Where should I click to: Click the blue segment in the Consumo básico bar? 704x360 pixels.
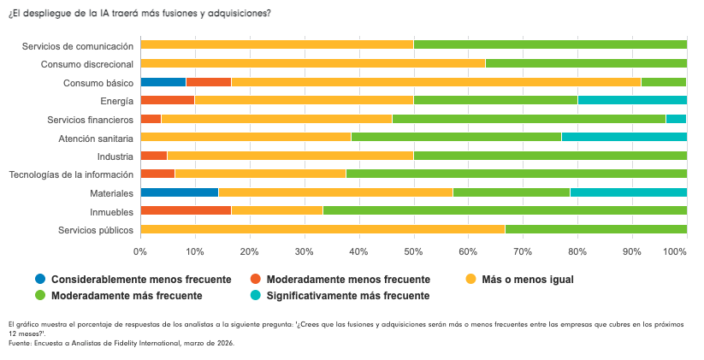point(163,82)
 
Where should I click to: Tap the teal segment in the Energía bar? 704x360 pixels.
point(632,100)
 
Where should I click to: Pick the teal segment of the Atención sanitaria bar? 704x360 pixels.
point(624,137)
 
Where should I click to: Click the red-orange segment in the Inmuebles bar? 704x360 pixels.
point(186,210)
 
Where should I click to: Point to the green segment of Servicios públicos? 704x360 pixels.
point(595,229)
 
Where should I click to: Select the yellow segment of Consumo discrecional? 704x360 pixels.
point(312,63)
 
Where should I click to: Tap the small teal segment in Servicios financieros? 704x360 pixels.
point(676,119)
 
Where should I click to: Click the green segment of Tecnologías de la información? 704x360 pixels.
point(516,174)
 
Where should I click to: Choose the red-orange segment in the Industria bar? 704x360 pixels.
point(154,156)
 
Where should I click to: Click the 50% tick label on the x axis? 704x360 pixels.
point(413,251)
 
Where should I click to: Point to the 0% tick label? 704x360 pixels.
point(140,251)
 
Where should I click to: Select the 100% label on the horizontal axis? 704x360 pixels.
point(675,251)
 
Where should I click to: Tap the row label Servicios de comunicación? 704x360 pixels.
point(78,45)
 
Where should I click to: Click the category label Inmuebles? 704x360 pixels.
point(112,211)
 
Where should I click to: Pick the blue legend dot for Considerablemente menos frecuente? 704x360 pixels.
point(40,280)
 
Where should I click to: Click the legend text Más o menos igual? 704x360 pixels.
point(528,280)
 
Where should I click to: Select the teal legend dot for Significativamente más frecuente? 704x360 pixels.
point(256,296)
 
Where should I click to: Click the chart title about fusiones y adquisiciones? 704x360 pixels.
point(139,14)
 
